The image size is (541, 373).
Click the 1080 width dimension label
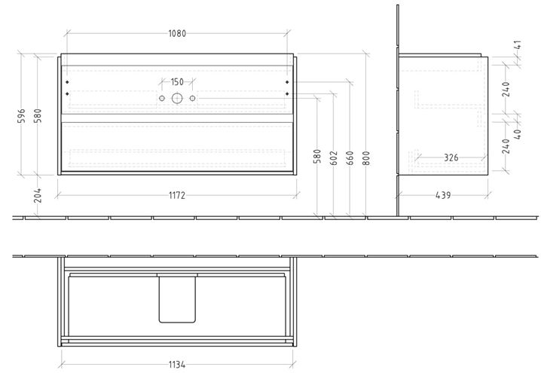pyautogui.click(x=177, y=33)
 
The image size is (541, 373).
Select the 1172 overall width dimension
pyautogui.click(x=177, y=195)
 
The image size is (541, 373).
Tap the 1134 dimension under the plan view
pyautogui.click(x=177, y=365)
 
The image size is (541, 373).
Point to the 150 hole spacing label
pyautogui.click(x=177, y=82)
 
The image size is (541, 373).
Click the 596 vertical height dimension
pyautogui.click(x=21, y=116)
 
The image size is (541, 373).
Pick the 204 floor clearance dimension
pyautogui.click(x=38, y=195)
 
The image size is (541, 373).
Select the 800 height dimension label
pyautogui.click(x=366, y=158)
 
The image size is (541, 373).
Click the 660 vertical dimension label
pyautogui.click(x=350, y=158)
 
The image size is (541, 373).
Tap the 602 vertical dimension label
pyautogui.click(x=334, y=158)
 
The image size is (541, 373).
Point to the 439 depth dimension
pyautogui.click(x=443, y=195)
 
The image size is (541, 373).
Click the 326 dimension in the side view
pyautogui.click(x=451, y=157)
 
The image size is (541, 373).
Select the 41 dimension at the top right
pyautogui.click(x=518, y=45)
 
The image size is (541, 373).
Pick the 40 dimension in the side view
pyautogui.click(x=518, y=134)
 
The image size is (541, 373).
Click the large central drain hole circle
pyautogui.click(x=177, y=99)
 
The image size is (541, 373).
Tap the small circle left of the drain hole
pyautogui.click(x=162, y=99)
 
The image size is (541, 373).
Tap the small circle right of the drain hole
pyautogui.click(x=193, y=99)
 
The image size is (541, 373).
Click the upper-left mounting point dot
pyautogui.click(x=67, y=82)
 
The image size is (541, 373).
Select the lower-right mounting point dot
pyautogui.click(x=287, y=94)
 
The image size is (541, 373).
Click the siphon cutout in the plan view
pyautogui.click(x=177, y=298)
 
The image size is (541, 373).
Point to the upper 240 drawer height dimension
pyautogui.click(x=506, y=89)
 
